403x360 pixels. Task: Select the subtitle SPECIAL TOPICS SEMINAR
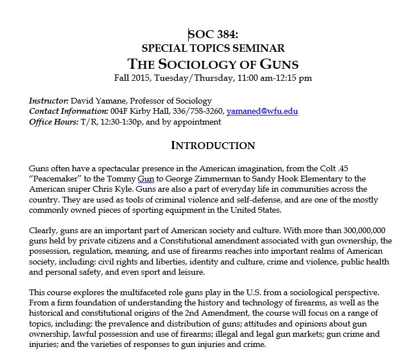coord(213,48)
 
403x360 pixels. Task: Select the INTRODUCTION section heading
coord(213,146)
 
